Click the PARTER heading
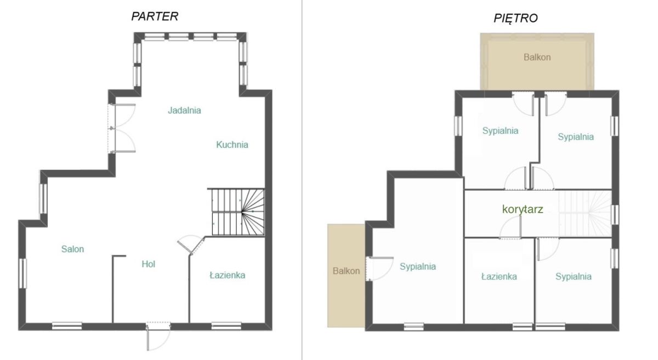[x=155, y=16]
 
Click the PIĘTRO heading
[x=515, y=18]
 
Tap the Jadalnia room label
[x=184, y=110]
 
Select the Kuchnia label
[x=232, y=145]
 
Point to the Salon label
[x=72, y=249]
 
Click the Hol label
[x=149, y=264]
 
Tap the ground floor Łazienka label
[x=228, y=275]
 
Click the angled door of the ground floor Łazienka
[x=191, y=244]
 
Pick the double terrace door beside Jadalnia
[x=122, y=128]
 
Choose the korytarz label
[x=523, y=209]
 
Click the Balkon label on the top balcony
[x=537, y=57]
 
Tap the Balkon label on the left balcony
[x=346, y=271]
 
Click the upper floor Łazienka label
[x=499, y=276]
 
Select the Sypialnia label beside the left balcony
[x=418, y=266]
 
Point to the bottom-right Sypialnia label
[x=574, y=276]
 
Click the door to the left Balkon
[x=379, y=268]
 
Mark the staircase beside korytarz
[x=585, y=214]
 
